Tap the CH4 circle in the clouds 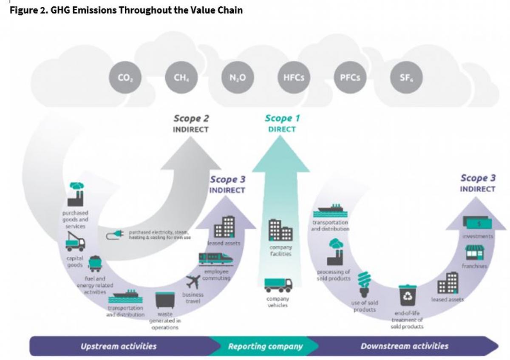pos(181,78)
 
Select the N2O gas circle pos(238,78)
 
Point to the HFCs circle pos(294,78)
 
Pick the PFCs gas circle pos(350,78)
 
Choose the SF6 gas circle pos(406,78)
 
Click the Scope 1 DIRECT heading pos(282,123)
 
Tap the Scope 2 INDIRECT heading pos(191,123)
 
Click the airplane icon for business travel pos(193,282)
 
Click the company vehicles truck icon pos(278,284)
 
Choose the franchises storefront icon pos(475,253)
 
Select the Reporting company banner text pos(265,346)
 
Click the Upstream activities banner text pos(119,346)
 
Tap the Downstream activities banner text pos(404,346)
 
